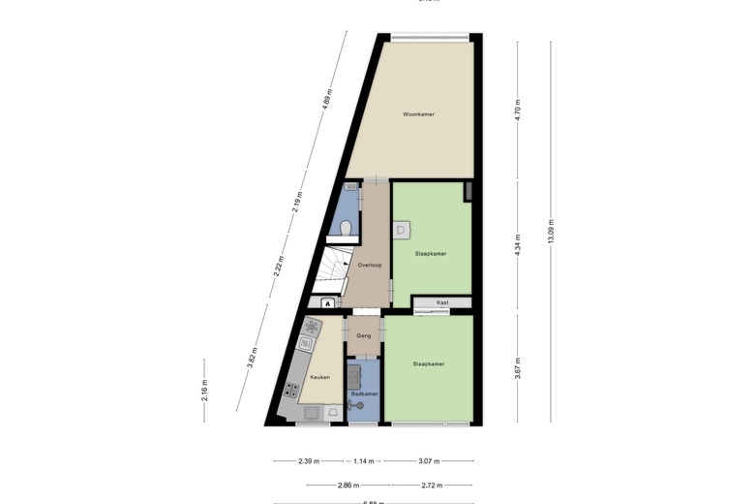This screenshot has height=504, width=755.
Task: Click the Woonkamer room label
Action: pyautogui.click(x=418, y=114)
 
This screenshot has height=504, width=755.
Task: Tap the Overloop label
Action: pyautogui.click(x=369, y=265)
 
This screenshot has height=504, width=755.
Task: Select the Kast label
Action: pyautogui.click(x=442, y=302)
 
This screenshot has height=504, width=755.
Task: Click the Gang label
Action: pyautogui.click(x=363, y=335)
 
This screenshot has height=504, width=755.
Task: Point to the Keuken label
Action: pyautogui.click(x=319, y=377)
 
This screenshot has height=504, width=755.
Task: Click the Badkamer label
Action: pyautogui.click(x=364, y=394)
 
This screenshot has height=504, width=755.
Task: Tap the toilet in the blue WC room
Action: pyautogui.click(x=346, y=228)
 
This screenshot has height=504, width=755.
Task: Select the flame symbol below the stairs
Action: pyautogui.click(x=328, y=303)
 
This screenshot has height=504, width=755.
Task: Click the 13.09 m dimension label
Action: pyautogui.click(x=551, y=232)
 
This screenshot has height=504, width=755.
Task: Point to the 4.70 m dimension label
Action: pyautogui.click(x=518, y=109)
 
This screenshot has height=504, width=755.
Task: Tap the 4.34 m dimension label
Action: pyautogui.click(x=518, y=246)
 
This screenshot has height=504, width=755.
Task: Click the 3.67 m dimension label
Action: pyautogui.click(x=518, y=368)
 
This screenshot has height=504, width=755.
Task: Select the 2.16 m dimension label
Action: pyautogui.click(x=204, y=390)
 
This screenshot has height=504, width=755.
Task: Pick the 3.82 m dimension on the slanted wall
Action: pyautogui.click(x=254, y=358)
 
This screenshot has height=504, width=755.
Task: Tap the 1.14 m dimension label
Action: pyautogui.click(x=363, y=461)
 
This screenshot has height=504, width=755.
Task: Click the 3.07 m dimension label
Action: pyautogui.click(x=428, y=461)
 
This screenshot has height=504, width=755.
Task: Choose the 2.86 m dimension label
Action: pyautogui.click(x=348, y=486)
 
